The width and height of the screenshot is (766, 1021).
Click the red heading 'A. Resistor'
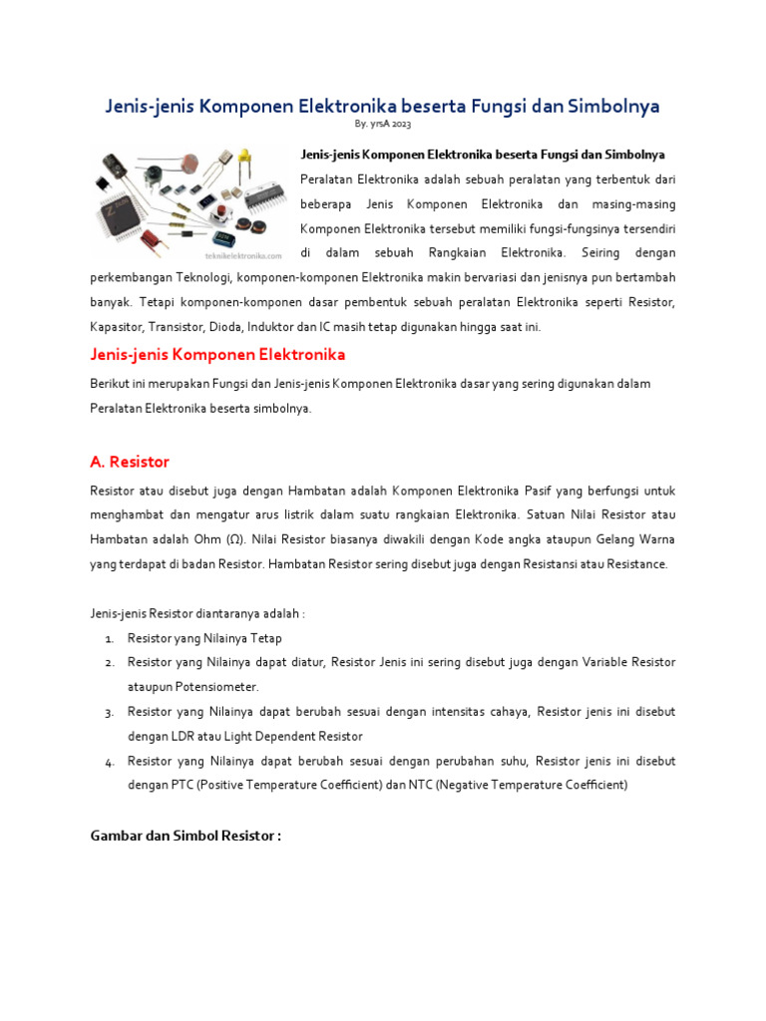point(130,462)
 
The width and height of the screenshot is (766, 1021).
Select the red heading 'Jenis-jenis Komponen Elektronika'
point(217,355)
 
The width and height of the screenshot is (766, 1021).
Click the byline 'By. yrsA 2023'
point(382,125)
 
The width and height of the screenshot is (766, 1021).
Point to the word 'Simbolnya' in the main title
point(609,106)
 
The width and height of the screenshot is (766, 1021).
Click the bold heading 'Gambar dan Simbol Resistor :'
point(186,836)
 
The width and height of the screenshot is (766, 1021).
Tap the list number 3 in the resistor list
point(108,713)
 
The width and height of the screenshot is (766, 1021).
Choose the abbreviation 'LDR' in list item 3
point(179,736)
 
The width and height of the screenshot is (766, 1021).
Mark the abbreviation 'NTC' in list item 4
point(424,785)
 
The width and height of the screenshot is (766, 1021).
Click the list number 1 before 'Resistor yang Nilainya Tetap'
point(108,638)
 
